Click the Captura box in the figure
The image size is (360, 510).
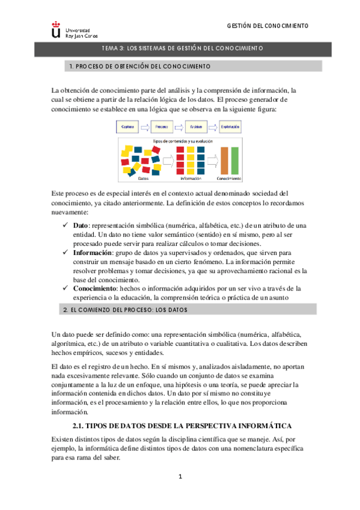tap(127, 127)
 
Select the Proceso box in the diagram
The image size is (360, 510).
tap(161, 127)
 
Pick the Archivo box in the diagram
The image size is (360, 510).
tap(195, 127)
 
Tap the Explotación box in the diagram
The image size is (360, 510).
tap(231, 127)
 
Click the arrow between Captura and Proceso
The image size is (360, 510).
tap(144, 127)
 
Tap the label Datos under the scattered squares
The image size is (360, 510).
tap(143, 179)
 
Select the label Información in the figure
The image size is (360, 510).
tap(191, 179)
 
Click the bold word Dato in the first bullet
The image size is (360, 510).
tap(81, 224)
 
